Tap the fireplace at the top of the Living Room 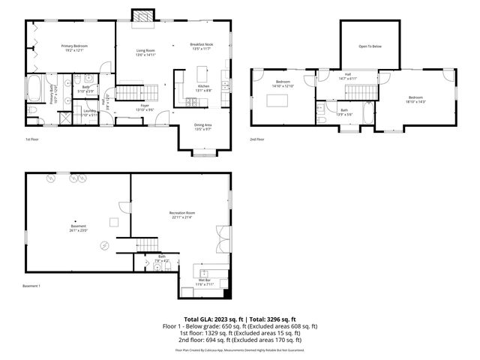click(x=140, y=16)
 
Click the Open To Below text click(x=370, y=46)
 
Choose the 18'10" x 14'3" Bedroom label click(x=415, y=99)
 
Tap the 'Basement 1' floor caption click(x=31, y=286)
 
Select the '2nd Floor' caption click(x=257, y=139)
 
